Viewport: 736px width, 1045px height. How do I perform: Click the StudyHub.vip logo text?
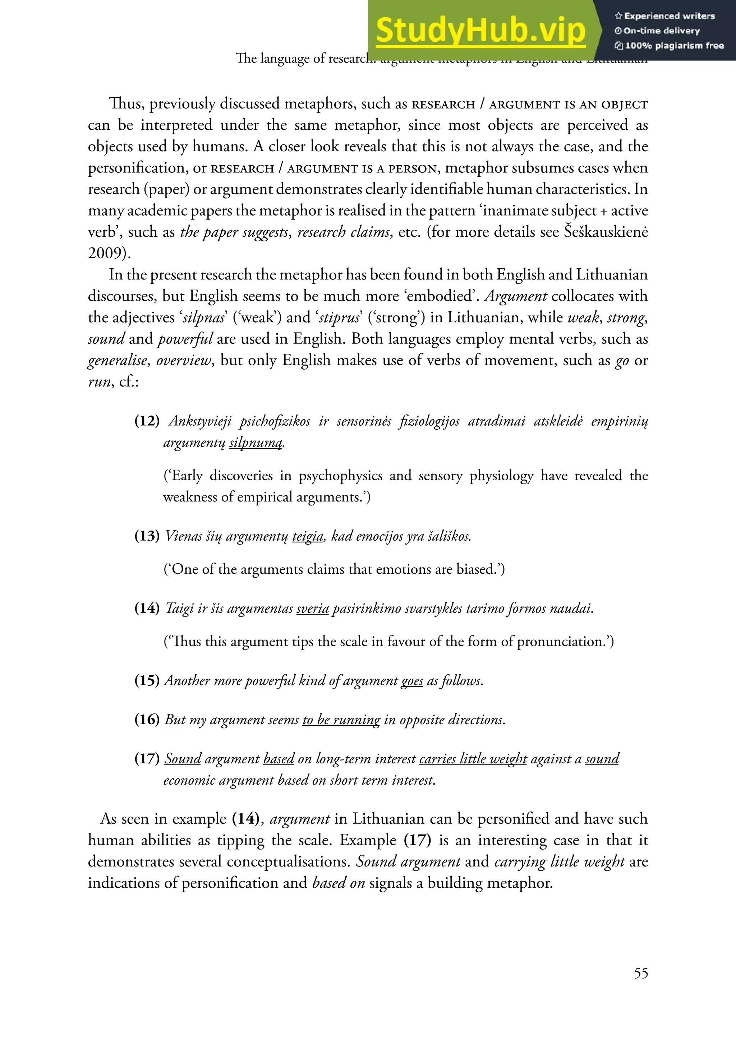[480, 30]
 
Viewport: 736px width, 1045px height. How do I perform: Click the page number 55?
[641, 973]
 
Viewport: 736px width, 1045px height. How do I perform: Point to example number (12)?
[147, 421]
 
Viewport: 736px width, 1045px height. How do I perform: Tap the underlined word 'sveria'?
[312, 609]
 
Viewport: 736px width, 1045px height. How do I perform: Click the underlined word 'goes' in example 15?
[412, 680]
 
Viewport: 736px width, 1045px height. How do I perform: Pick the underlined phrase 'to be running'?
[341, 720]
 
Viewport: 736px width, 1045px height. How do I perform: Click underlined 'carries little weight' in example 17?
[473, 759]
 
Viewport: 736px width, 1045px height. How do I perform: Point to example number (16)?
[147, 720]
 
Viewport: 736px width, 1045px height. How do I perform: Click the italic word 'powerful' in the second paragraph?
[185, 339]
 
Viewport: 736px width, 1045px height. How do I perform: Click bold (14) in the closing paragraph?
[245, 819]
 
